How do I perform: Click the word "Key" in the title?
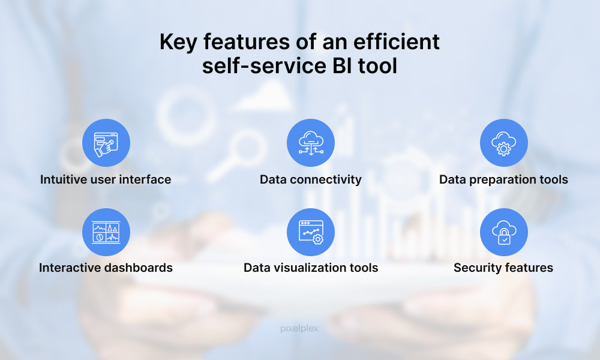[178, 43]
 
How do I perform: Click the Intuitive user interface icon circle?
[106, 143]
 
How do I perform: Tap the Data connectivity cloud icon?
[311, 143]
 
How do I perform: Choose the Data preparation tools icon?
[503, 143]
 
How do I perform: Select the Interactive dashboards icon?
[106, 232]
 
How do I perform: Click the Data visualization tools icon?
[311, 232]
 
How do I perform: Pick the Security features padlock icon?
[503, 232]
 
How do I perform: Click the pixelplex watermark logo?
[299, 329]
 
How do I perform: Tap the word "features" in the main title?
[247, 42]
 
